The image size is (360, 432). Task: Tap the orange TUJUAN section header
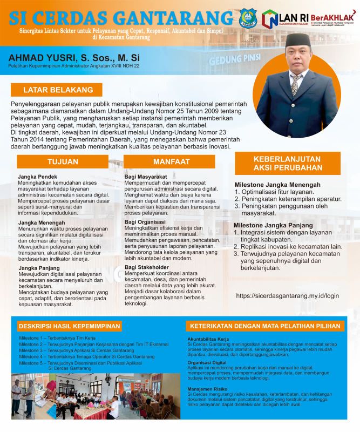[x=62, y=161]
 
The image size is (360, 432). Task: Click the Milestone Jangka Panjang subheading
[x=273, y=225]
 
